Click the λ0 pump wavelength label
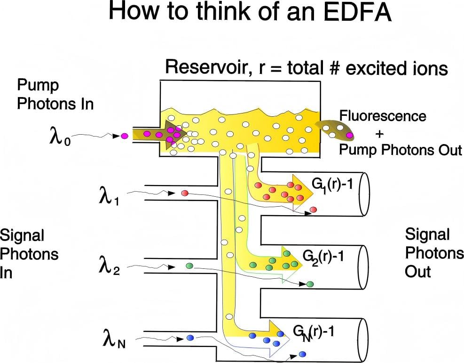[60, 137]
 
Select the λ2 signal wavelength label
[109, 265]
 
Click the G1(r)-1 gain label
[332, 186]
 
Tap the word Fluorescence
[383, 116]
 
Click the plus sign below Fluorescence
[379, 134]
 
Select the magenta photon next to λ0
[125, 137]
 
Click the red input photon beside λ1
[185, 193]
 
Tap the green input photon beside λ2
[189, 265]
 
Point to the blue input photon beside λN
[190, 338]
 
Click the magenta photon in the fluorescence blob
[349, 136]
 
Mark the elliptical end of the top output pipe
[364, 194]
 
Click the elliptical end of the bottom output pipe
[363, 340]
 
